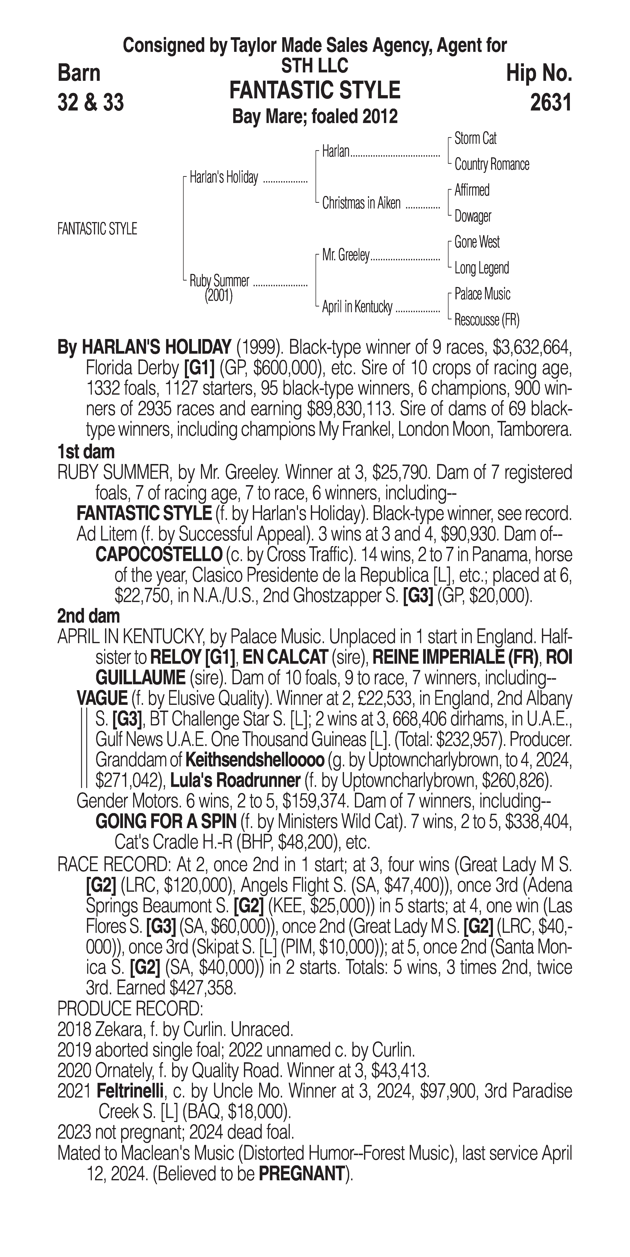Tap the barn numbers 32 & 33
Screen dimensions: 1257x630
[x=90, y=102]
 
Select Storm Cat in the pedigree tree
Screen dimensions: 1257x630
[x=475, y=139]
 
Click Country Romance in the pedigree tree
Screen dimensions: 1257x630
[x=491, y=165]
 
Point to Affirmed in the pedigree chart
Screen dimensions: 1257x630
[x=472, y=190]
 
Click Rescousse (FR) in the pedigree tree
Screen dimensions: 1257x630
[x=486, y=320]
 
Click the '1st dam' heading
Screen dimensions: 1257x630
[x=86, y=452]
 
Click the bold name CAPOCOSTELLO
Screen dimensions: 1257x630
[x=159, y=555]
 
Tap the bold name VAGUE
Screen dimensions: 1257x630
[x=102, y=698]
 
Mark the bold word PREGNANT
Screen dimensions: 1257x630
[x=301, y=1172]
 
